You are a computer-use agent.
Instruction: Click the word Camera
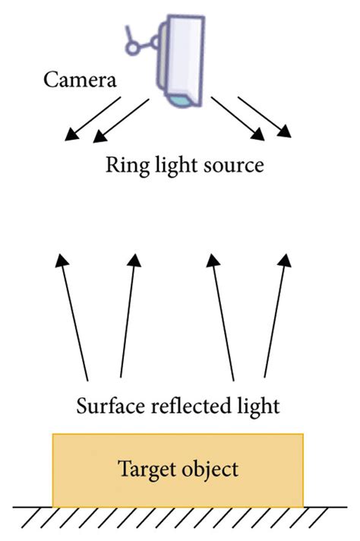pyautogui.click(x=80, y=80)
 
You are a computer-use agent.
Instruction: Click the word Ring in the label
pyautogui.click(x=124, y=165)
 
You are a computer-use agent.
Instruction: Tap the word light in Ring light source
pyautogui.click(x=170, y=165)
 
